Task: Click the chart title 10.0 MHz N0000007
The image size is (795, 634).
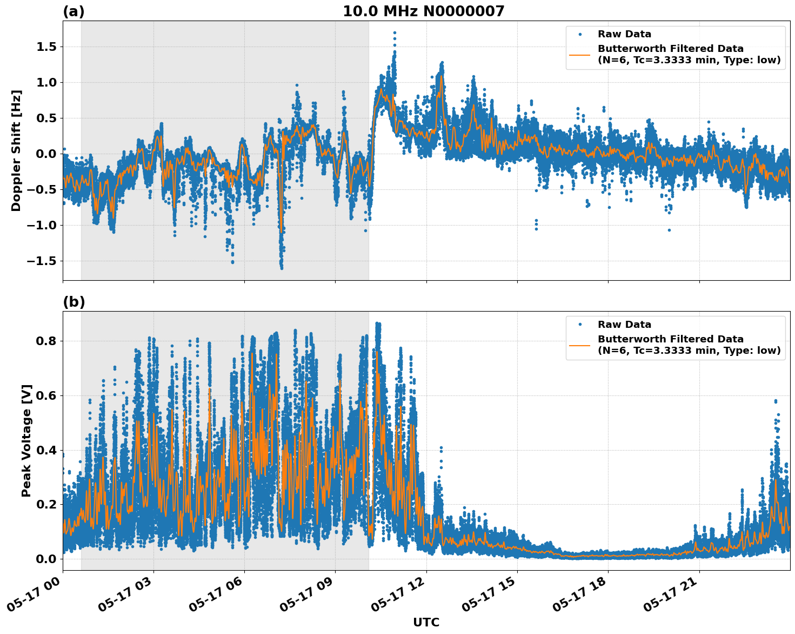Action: point(423,11)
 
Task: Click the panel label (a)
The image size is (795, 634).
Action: point(74,11)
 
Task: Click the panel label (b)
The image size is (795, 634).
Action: point(74,302)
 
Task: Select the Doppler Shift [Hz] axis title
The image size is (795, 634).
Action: point(16,150)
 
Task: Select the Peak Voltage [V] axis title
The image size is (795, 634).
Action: point(26,440)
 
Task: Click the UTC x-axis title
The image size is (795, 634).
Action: point(426,622)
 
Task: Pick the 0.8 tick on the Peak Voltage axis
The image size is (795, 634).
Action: point(46,341)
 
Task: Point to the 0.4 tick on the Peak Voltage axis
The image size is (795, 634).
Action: point(46,450)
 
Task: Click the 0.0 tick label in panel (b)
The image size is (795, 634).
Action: point(46,559)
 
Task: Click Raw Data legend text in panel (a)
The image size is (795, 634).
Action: point(624,34)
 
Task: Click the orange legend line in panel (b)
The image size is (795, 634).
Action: point(579,345)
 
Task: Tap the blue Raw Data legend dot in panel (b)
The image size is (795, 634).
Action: point(579,325)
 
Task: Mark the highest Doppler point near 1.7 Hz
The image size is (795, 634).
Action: point(395,32)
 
